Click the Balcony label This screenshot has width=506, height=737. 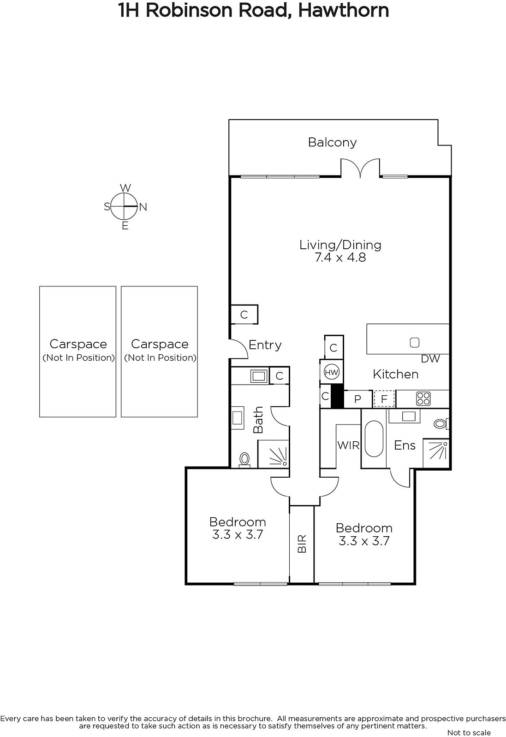click(x=332, y=142)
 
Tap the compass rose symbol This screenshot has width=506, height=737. click(x=124, y=206)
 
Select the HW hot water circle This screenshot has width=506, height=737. click(x=331, y=373)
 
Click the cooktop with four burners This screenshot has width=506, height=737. click(x=423, y=398)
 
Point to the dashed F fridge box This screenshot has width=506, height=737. click(x=384, y=399)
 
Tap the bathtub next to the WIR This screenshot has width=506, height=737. click(x=374, y=439)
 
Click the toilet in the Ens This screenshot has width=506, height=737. click(x=441, y=424)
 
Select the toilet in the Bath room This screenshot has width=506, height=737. click(x=244, y=459)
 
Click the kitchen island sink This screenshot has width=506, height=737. click(x=414, y=343)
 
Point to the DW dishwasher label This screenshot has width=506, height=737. click(x=430, y=359)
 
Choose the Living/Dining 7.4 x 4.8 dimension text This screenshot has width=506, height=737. click(x=340, y=257)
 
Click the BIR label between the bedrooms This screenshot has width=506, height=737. click(x=302, y=544)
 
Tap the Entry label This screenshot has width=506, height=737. click(x=265, y=345)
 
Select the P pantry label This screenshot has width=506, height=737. click(x=357, y=399)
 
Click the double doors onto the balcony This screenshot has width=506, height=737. click(x=360, y=168)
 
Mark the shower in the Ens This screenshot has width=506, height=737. click(x=436, y=453)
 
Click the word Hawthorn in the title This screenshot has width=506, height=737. click(x=344, y=11)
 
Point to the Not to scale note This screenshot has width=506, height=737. click(x=469, y=732)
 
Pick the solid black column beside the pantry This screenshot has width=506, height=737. click(x=337, y=396)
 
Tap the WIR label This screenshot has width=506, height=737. click(x=348, y=445)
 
